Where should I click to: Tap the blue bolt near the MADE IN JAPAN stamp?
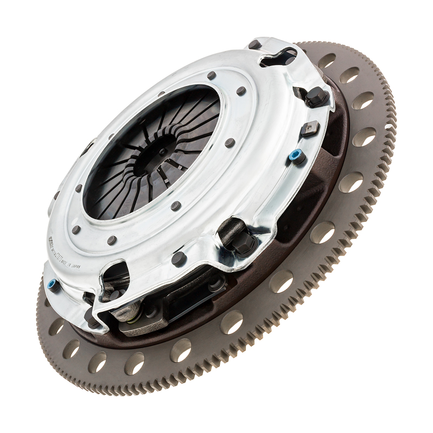click(x=53, y=285)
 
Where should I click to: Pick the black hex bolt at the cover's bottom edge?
click(x=242, y=244)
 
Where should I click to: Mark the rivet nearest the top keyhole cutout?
click(x=253, y=45)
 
